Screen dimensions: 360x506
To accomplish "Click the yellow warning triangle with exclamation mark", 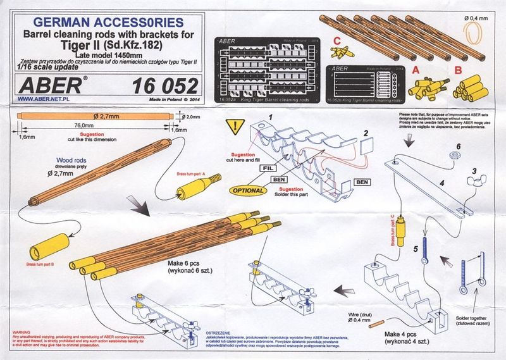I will tap(235, 126).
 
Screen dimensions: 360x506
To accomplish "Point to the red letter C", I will tap(339, 41).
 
